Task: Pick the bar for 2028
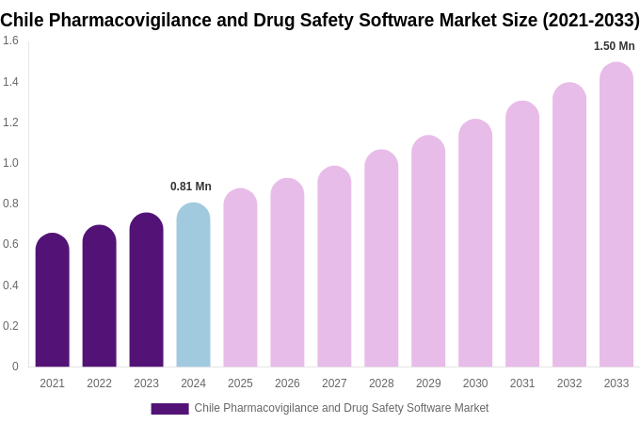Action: (x=381, y=258)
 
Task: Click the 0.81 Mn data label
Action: (x=191, y=187)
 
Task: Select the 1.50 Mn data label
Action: (x=614, y=46)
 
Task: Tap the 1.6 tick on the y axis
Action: (x=10, y=41)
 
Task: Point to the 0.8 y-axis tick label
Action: (x=10, y=204)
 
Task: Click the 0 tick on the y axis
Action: (x=15, y=367)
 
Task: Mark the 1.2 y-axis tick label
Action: (x=10, y=122)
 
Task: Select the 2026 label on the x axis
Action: (x=287, y=383)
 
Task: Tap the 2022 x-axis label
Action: (x=99, y=383)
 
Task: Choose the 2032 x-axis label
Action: (x=569, y=383)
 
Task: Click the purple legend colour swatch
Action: (x=169, y=409)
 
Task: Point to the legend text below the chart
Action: (x=342, y=408)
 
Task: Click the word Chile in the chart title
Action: (x=24, y=20)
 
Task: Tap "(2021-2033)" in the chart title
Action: (x=590, y=20)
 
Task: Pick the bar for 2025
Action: (x=240, y=278)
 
